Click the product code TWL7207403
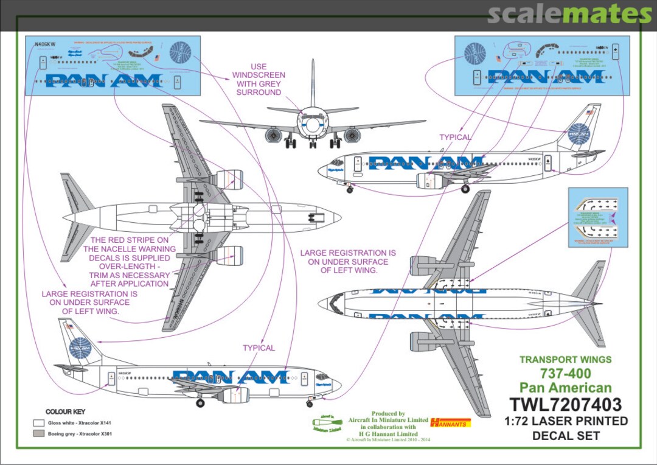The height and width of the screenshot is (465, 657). pos(566,405)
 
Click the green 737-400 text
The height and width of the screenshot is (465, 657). pos(566,374)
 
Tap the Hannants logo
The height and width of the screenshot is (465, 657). pos(450,422)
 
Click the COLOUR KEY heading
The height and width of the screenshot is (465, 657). pos(66,412)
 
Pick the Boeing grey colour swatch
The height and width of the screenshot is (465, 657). pos(39,434)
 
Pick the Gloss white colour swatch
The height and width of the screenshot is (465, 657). pos(39,422)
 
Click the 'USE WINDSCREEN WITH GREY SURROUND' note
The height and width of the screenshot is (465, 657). pos(259,80)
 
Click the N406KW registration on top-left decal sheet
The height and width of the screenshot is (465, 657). pos(45,44)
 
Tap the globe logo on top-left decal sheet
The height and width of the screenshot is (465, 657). pos(180,52)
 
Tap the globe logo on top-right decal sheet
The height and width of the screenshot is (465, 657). pos(474,54)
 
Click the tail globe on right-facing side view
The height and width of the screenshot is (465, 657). pos(579,135)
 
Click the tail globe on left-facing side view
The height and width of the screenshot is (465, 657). pos(80,348)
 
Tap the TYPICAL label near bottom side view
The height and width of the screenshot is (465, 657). pos(259,348)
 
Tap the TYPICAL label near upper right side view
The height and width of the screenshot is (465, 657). pos(456,138)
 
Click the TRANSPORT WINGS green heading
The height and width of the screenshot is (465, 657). pos(566,360)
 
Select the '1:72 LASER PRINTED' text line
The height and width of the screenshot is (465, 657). pos(566,421)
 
